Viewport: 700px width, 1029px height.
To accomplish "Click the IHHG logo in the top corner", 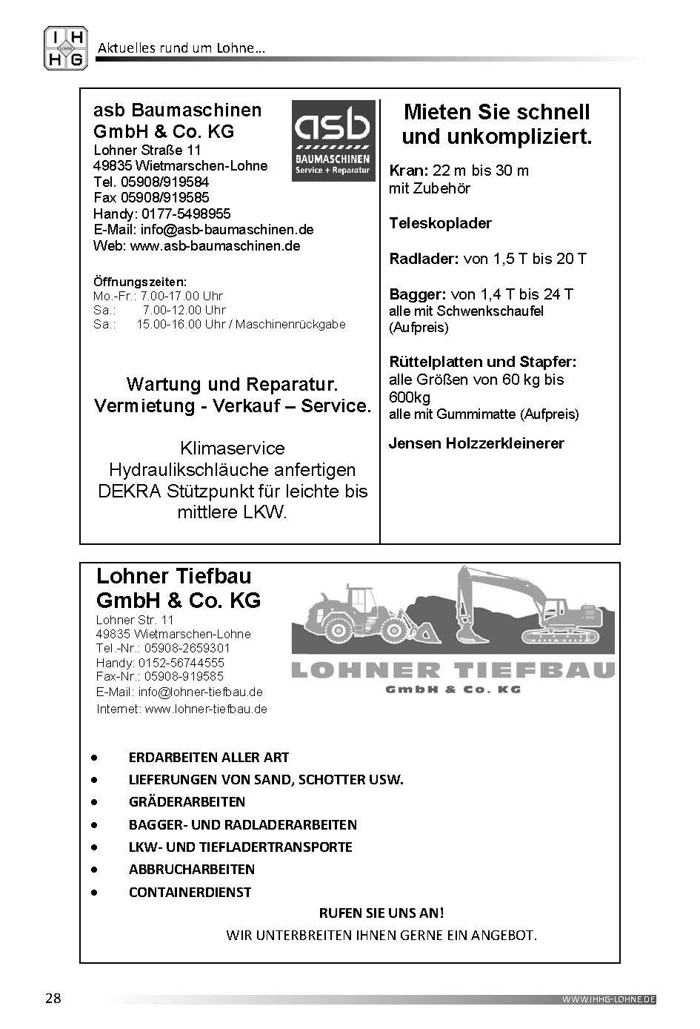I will [66, 48].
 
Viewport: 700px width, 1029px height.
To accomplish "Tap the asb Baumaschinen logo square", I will [333, 141].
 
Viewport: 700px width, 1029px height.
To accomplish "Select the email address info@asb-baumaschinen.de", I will [227, 230].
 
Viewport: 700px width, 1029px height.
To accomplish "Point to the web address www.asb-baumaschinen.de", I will [215, 246].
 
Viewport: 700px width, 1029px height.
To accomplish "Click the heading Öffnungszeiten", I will [140, 282].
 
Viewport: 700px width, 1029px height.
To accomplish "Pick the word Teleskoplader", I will [440, 223].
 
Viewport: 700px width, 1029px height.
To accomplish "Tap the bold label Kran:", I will [409, 171].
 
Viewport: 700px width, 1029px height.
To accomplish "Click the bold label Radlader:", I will [424, 259].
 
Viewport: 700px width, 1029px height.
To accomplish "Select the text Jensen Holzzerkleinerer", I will [476, 443].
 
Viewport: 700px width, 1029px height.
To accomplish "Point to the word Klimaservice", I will [232, 449].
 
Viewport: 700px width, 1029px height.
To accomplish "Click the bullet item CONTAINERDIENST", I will [190, 892].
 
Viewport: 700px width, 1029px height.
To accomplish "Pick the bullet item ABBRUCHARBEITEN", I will [191, 869].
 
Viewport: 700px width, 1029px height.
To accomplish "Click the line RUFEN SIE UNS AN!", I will [381, 913].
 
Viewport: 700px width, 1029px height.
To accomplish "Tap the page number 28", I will [53, 998].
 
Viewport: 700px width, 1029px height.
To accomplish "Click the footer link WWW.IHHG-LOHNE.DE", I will [609, 999].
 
